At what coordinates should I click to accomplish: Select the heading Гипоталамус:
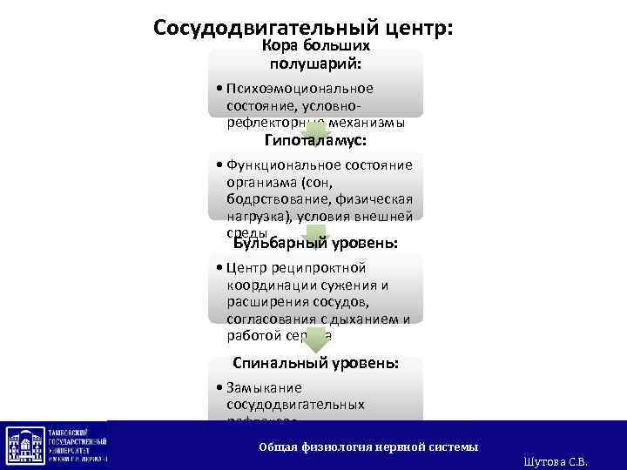click(x=315, y=140)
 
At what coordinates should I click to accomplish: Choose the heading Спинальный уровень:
click(x=316, y=362)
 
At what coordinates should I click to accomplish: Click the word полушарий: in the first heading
click(x=315, y=63)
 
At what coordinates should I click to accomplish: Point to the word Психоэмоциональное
click(x=300, y=89)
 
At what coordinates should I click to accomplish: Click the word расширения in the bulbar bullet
click(x=266, y=301)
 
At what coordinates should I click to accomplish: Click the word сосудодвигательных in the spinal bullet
click(x=295, y=405)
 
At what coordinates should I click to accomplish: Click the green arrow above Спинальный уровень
click(x=317, y=340)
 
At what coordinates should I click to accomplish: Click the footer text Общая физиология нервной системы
click(x=368, y=446)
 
